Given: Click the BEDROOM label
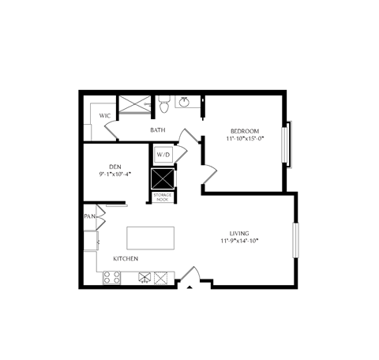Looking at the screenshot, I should [x=245, y=130].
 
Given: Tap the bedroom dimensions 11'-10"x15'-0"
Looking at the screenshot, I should [x=245, y=138].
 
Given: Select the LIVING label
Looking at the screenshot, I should [x=239, y=234].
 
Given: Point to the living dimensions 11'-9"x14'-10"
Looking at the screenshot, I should [x=239, y=242].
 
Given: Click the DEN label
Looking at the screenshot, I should [x=115, y=166].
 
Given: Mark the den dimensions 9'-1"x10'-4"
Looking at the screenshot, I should [x=115, y=174].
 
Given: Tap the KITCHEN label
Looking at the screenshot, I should [x=126, y=259].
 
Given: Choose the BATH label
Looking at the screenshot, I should [x=158, y=130].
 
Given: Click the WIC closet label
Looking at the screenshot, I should [x=104, y=115].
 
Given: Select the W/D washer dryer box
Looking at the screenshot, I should [x=163, y=154].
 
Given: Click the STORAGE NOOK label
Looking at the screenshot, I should [x=162, y=197].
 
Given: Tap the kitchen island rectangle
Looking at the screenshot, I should [x=150, y=238].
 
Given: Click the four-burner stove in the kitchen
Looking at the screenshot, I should [x=112, y=277].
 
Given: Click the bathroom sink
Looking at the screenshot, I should [x=185, y=102].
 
